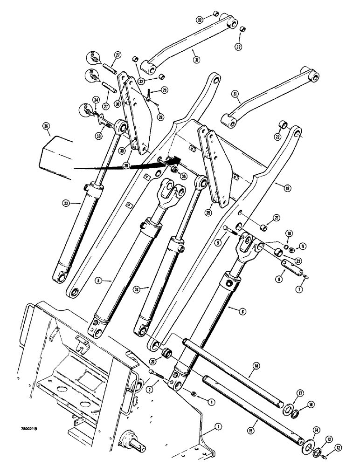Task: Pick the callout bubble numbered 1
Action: (217, 426)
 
